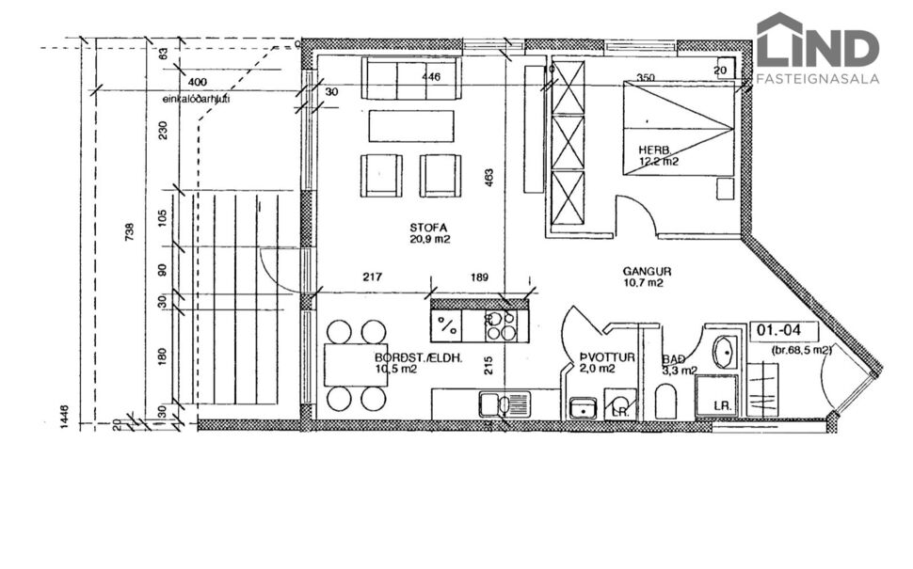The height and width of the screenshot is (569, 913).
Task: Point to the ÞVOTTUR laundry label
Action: [x=607, y=358]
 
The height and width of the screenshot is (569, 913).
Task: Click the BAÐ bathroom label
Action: [x=673, y=359]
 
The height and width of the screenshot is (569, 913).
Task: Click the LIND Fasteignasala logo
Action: [x=817, y=49]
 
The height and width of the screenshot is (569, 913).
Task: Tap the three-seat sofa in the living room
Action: [x=412, y=79]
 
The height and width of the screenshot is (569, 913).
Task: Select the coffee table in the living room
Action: [x=410, y=126]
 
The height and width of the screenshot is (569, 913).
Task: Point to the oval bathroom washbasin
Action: [x=725, y=352]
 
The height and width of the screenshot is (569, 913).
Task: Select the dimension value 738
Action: [x=129, y=229]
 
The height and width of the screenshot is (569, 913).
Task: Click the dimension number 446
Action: [x=431, y=77]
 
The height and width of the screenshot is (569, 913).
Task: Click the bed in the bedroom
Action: [x=678, y=127]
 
